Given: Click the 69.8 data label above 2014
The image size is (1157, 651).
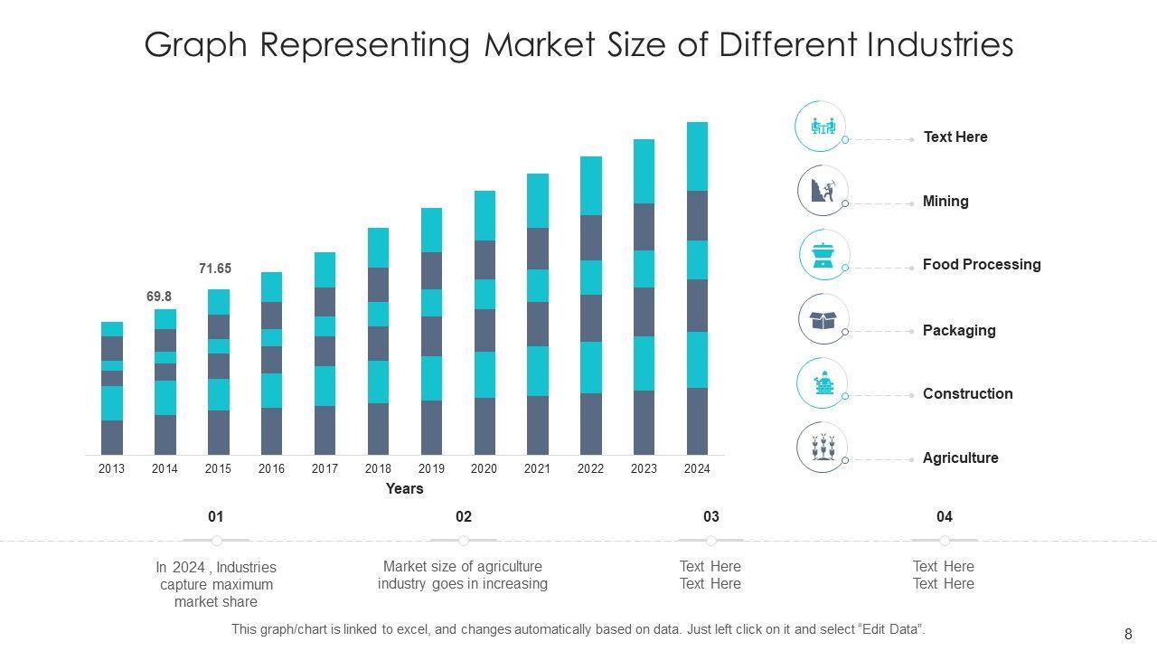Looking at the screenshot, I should pos(159,297).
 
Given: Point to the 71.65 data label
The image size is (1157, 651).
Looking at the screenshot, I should pos(215,269).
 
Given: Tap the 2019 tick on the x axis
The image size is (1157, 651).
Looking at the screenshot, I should pos(431,468).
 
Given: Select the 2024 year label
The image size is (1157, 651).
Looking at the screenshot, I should pos(697,468).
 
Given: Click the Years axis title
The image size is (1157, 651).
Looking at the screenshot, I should pos(404,489).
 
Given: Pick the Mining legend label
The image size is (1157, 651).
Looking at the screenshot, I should pos(945,202).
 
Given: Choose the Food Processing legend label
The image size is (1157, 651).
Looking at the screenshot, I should pos(982,265).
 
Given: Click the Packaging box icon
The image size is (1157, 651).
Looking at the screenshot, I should pos(823,320).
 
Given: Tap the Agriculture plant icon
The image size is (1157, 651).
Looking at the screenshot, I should pos(823,448).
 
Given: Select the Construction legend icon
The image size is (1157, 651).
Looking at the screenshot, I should pos(823,383).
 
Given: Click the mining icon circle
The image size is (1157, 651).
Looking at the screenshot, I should pos(823,191).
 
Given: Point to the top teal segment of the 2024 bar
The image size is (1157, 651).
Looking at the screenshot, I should pos(697,156).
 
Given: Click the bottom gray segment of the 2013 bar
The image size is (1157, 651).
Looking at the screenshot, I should pos(112,437).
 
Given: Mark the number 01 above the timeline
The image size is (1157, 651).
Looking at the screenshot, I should pos(215,517).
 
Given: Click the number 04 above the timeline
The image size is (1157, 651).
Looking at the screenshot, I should pos(945,517).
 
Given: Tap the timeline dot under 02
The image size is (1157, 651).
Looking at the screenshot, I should pos(464,541).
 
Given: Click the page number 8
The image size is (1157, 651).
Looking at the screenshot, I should pos(1128,635).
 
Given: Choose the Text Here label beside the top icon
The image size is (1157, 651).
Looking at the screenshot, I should pos(955,137).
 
